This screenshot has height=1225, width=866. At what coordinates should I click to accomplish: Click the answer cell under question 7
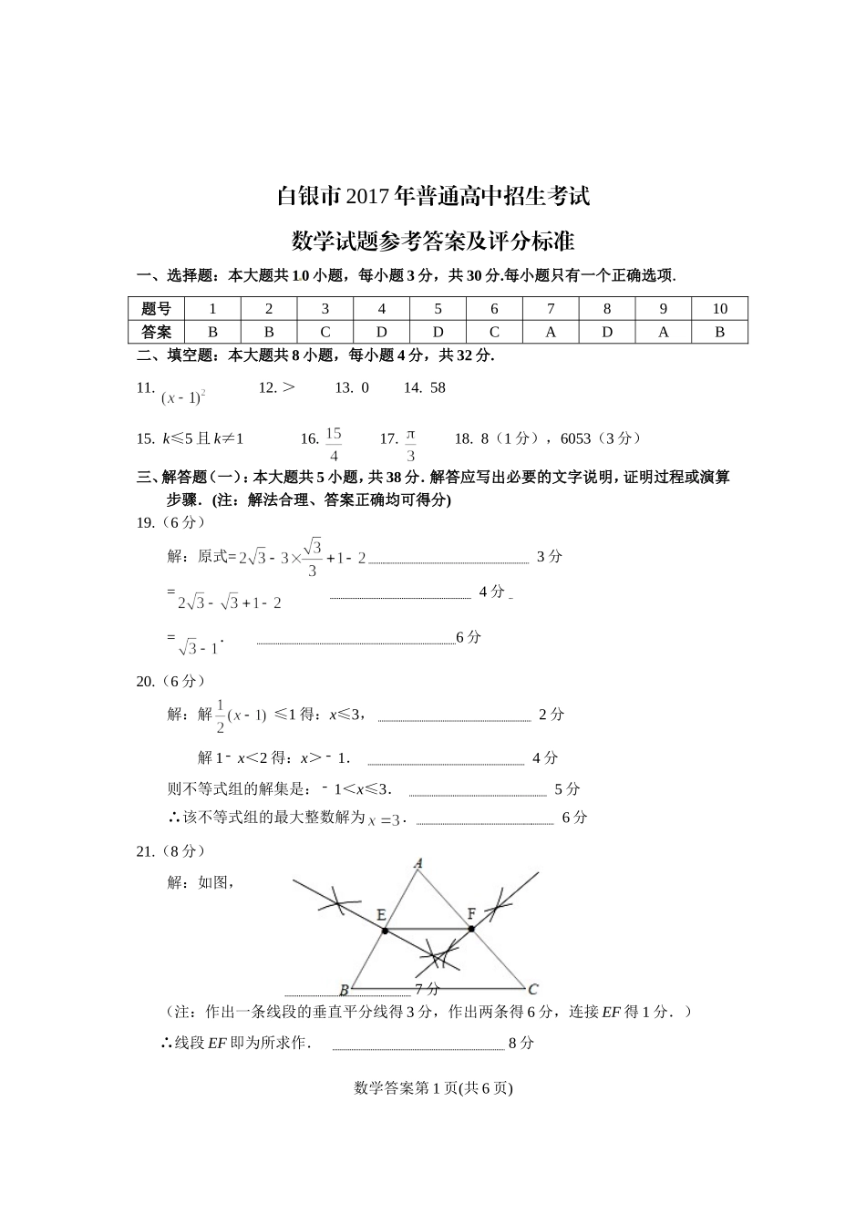coord(551,332)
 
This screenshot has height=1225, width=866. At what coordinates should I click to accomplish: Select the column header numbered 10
coord(719,308)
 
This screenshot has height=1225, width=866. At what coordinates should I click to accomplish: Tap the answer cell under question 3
coord(325,332)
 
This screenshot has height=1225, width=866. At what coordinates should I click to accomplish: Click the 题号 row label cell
coord(156,308)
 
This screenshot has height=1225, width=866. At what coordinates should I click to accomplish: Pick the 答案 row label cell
coord(156,332)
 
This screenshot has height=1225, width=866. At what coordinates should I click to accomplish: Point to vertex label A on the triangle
coord(418,862)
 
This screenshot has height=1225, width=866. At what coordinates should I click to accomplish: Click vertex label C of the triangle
coord(533,989)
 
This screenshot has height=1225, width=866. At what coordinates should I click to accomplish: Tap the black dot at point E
coord(386,931)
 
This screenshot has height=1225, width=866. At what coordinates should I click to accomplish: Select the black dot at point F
coord(471,929)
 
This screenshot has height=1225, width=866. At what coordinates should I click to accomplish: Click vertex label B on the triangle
coord(344,990)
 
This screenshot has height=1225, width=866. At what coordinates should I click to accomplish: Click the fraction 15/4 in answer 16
coord(334,444)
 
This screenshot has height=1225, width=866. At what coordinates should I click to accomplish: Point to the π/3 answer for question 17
coord(410,444)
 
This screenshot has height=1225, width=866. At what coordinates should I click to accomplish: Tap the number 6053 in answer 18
coord(576,438)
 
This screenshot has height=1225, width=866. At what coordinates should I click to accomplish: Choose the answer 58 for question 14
coord(438,387)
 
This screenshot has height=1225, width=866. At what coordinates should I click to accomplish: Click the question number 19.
coord(145,522)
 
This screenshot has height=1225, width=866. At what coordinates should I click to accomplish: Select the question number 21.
coord(145,851)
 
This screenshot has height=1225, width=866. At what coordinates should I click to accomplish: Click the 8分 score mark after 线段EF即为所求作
coord(521,1043)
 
